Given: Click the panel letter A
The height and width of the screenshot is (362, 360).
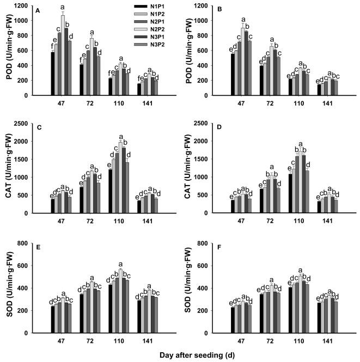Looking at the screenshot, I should tap(38, 10).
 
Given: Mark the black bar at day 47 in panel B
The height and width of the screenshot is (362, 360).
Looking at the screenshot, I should tap(233, 75).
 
